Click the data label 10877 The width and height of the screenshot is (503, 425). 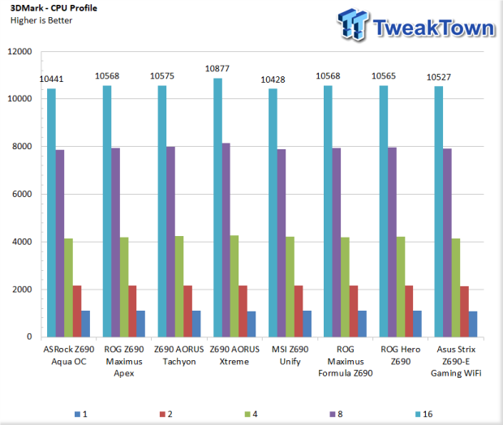[x=217, y=69]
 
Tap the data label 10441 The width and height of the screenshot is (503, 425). [x=51, y=79]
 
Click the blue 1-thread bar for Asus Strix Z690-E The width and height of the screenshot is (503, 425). [x=473, y=324]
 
